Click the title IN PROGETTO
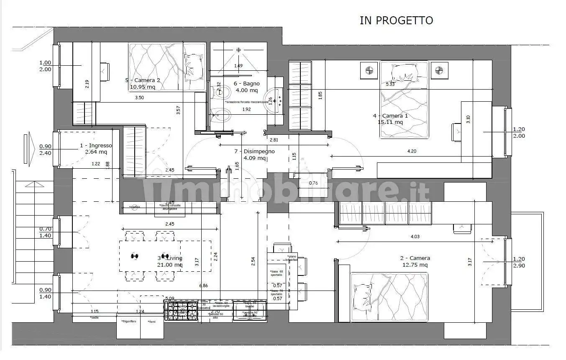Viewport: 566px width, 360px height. (396, 21)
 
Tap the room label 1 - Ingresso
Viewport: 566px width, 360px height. (96, 146)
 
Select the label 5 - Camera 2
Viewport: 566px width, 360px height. (143, 80)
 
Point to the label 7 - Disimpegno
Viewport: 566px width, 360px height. (254, 152)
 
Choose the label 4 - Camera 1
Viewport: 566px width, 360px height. (390, 116)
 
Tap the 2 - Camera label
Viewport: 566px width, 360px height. (414, 258)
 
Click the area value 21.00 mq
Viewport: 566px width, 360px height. (170, 265)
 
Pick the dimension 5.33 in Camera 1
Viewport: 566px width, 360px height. (390, 84)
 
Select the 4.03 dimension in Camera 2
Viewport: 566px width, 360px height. (415, 237)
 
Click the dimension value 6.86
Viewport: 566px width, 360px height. (204, 285)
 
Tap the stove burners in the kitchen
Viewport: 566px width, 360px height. (181, 310)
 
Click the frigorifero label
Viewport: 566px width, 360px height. (128, 321)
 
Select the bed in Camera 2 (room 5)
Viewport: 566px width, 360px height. (166, 66)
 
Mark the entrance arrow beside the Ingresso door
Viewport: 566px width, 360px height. (28, 149)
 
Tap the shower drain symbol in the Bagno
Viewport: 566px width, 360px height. (239, 50)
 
